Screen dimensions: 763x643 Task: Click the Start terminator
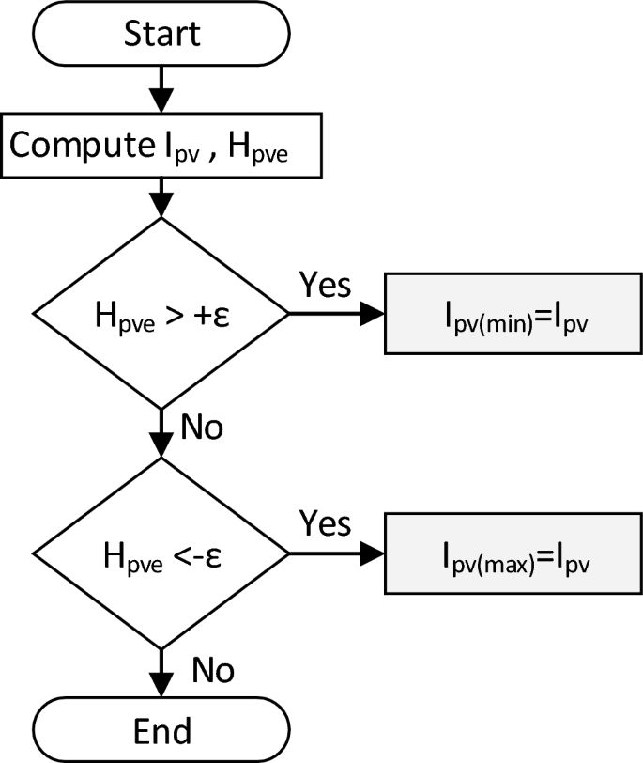pyautogui.click(x=161, y=34)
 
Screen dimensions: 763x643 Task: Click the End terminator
pyautogui.click(x=161, y=729)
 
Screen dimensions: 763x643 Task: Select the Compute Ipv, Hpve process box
pyautogui.click(x=161, y=146)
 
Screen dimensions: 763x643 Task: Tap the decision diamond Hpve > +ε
pyautogui.click(x=161, y=313)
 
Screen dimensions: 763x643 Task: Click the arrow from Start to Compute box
pyautogui.click(x=161, y=89)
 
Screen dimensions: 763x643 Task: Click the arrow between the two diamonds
pyautogui.click(x=161, y=432)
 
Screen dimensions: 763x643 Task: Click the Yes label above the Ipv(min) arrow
pyautogui.click(x=325, y=284)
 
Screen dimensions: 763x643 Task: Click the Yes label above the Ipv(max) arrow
pyautogui.click(x=325, y=522)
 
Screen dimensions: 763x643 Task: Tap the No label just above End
pyautogui.click(x=212, y=670)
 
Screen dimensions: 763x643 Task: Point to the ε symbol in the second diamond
pyautogui.click(x=214, y=553)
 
